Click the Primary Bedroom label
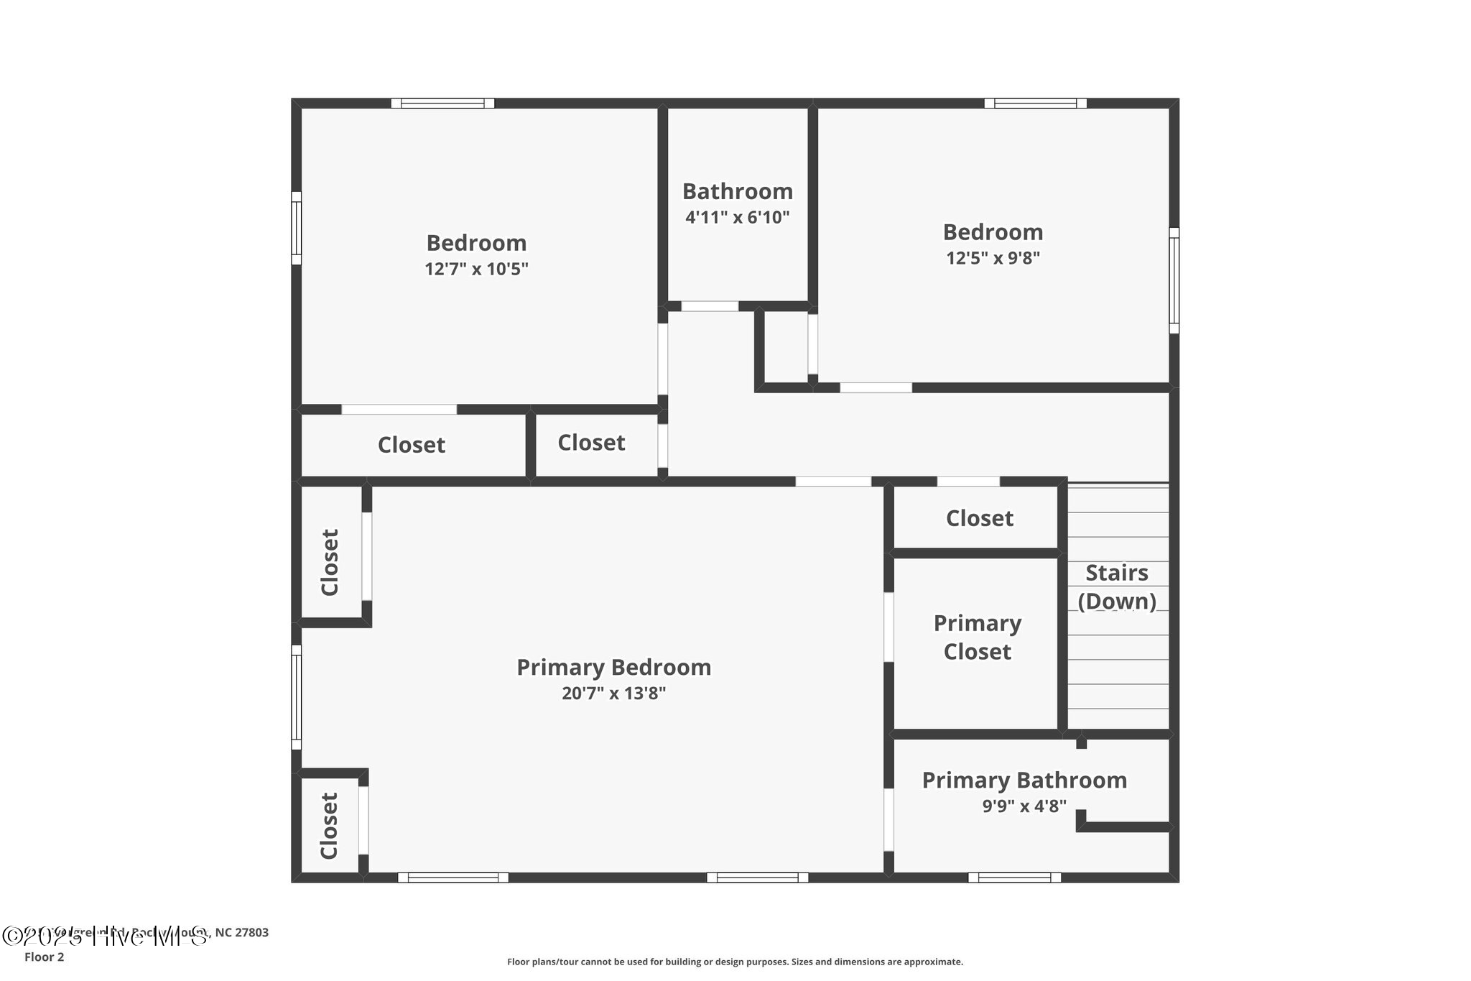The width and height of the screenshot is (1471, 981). (x=613, y=667)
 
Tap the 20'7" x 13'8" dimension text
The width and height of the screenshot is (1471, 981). (x=613, y=694)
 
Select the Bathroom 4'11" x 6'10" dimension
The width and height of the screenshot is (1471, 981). (x=737, y=217)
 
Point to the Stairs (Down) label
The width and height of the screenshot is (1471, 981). (x=1117, y=586)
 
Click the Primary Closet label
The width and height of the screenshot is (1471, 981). (x=977, y=637)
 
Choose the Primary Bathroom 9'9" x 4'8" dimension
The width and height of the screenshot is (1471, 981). (x=1024, y=806)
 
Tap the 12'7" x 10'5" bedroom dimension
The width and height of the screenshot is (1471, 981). (x=476, y=269)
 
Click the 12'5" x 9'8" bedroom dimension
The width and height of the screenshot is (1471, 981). (x=993, y=258)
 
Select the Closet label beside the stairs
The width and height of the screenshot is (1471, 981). (x=979, y=518)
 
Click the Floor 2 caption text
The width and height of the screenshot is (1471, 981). (x=44, y=957)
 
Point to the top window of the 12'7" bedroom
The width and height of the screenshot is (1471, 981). (x=442, y=103)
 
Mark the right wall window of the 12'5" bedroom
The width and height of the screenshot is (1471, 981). (x=1174, y=280)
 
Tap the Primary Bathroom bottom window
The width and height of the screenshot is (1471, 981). (x=1014, y=878)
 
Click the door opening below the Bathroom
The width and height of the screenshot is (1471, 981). (x=710, y=306)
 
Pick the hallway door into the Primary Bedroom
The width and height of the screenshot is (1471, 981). (x=833, y=482)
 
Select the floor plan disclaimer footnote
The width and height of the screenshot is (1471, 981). (x=735, y=962)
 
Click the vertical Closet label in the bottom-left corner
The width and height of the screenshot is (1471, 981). (x=329, y=826)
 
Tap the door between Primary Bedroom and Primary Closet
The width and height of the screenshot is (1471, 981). (x=888, y=627)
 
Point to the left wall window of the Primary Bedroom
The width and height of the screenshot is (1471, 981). (x=296, y=697)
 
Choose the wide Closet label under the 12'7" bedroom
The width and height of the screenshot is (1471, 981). (x=411, y=445)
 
